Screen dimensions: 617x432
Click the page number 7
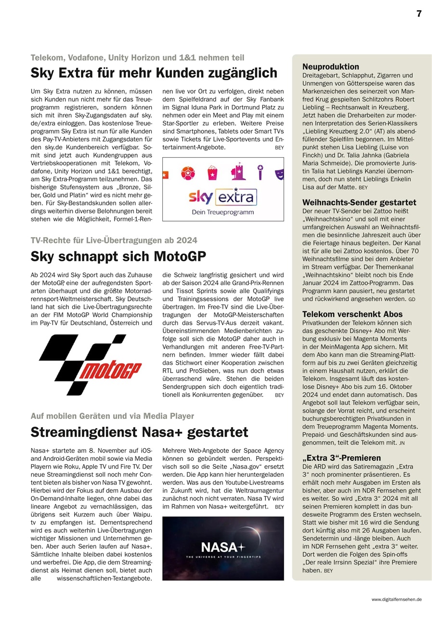tap(419, 14)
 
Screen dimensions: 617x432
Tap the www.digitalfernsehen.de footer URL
tap(396, 599)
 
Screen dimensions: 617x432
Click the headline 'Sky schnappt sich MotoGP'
tap(118, 256)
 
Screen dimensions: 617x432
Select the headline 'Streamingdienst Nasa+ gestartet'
tap(139, 431)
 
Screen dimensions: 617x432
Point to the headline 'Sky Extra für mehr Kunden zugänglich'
tap(154, 73)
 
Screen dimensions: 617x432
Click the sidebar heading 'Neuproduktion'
tap(330, 67)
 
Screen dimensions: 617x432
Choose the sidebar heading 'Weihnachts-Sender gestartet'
tap(359, 202)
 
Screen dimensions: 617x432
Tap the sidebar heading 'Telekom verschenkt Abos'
tap(352, 314)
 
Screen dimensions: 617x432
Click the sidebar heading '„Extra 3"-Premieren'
tap(341, 458)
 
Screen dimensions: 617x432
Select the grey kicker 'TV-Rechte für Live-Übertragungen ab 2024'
tap(114, 240)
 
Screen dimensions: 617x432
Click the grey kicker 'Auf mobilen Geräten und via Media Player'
tap(112, 416)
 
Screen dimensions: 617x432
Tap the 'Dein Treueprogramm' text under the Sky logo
tap(223, 212)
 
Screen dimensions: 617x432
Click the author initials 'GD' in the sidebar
tap(411, 299)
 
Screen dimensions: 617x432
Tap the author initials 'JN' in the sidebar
tap(402, 443)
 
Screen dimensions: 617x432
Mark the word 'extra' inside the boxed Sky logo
tap(235, 197)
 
